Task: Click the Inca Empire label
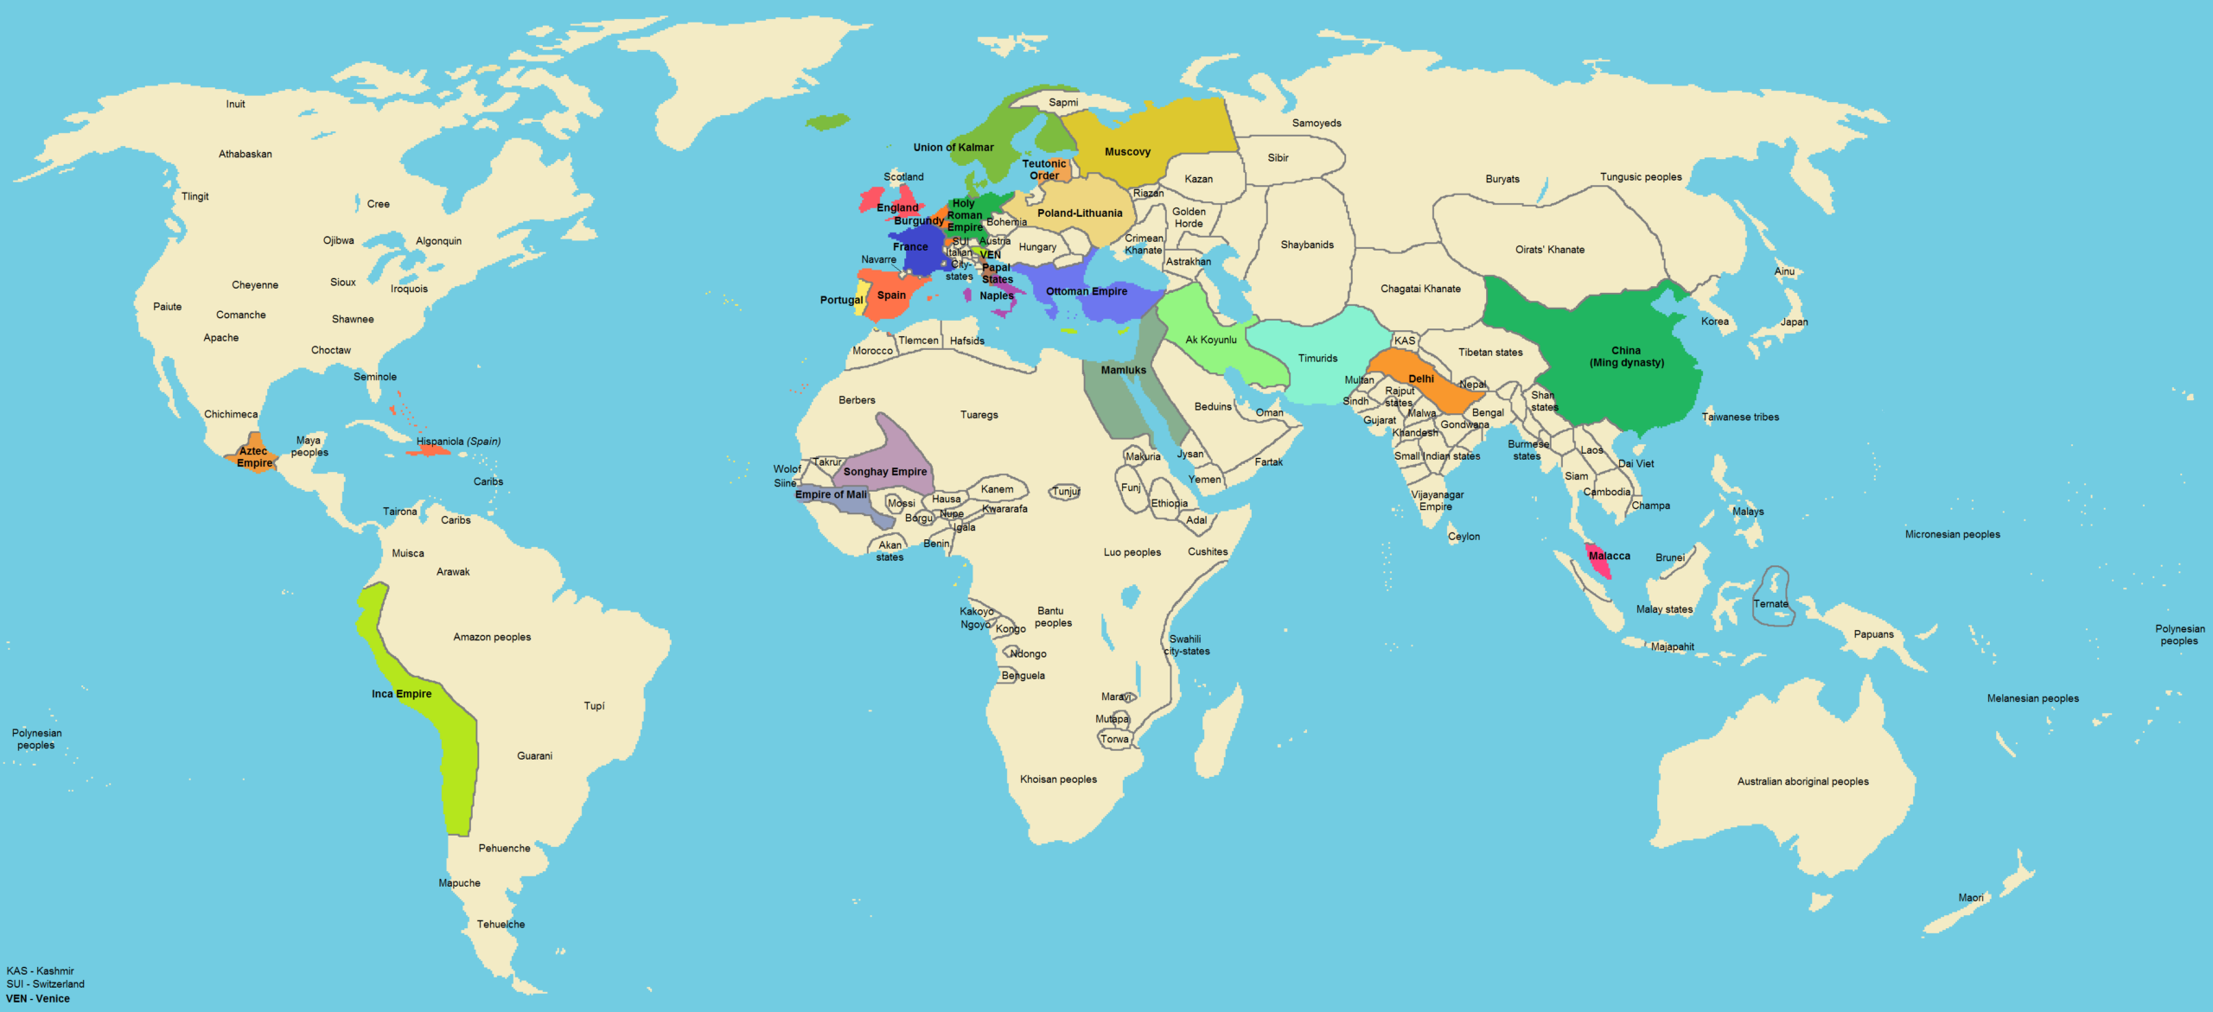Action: (401, 694)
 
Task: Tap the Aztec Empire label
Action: (253, 457)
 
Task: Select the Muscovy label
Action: (1127, 152)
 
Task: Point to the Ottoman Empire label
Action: (1086, 292)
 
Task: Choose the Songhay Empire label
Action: (884, 472)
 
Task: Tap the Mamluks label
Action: (1123, 371)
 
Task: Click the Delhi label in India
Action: (1420, 379)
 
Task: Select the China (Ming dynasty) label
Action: (1626, 357)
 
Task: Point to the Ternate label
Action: (1770, 604)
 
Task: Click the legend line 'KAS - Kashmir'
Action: (40, 971)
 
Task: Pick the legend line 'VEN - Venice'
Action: (37, 999)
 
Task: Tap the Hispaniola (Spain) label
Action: (458, 442)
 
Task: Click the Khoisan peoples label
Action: (1058, 780)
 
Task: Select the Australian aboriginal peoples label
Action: (1802, 781)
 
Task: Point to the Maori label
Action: (1970, 898)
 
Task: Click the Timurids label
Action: (1317, 359)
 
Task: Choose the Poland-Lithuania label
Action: (1080, 213)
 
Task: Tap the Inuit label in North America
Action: (235, 105)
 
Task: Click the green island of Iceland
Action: (828, 122)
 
